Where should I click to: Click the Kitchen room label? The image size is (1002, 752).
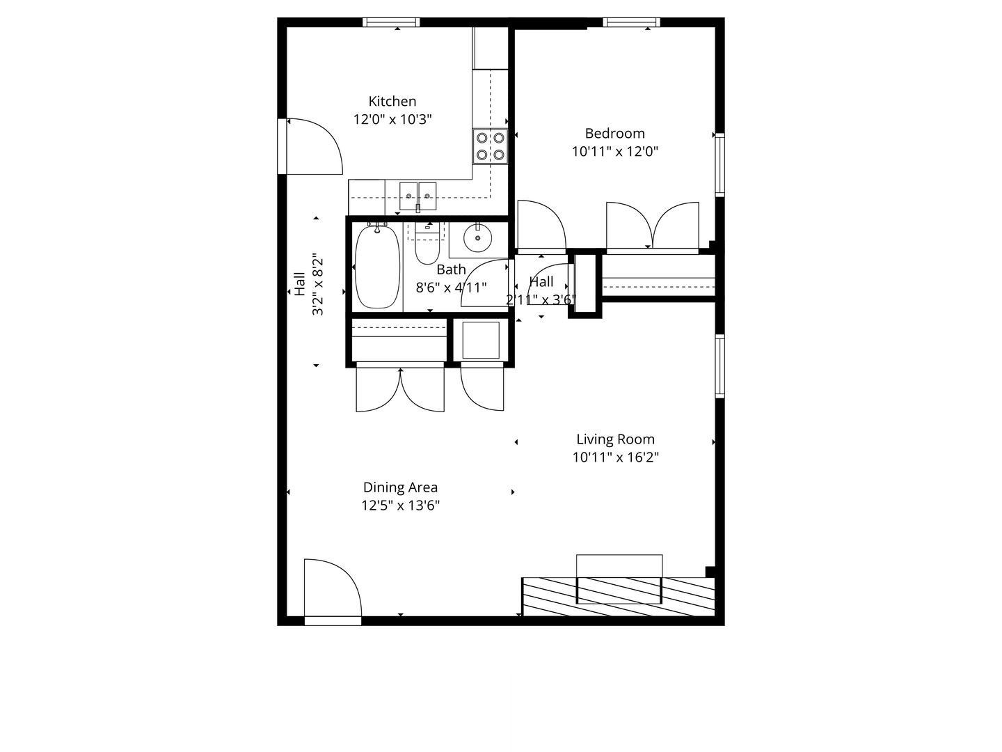392,102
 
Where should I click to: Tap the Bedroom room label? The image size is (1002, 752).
614,133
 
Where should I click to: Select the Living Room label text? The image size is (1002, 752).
615,439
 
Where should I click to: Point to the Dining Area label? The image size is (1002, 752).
400,487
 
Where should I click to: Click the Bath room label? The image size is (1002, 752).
451,269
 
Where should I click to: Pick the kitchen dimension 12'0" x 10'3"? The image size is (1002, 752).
392,120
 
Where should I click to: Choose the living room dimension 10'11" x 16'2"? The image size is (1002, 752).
615,457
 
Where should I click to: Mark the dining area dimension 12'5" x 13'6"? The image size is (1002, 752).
400,506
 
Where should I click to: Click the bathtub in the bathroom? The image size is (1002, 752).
377,266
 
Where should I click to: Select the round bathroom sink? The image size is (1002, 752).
478,238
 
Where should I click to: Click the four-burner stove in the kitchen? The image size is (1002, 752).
490,146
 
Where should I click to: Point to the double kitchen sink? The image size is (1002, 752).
417,196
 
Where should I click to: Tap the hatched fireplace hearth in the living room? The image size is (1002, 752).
619,596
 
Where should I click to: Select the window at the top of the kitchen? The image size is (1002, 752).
391,22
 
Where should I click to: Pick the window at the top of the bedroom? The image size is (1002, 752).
631,22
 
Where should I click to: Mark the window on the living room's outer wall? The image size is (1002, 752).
719,366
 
